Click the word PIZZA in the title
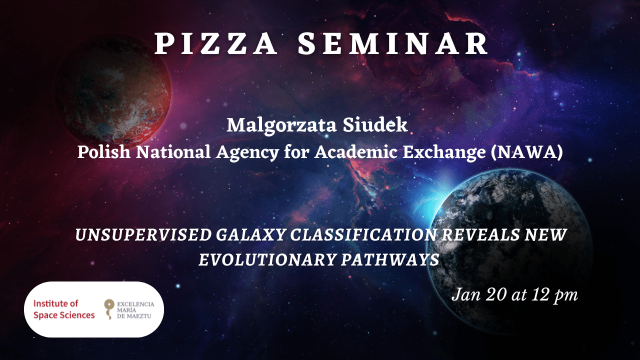[x=215, y=43]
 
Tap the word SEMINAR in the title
[x=393, y=43]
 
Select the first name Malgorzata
[x=281, y=125]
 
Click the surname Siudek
[x=375, y=125]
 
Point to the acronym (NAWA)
[x=527, y=152]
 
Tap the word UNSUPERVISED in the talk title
[x=143, y=235]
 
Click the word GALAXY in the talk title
[x=251, y=235]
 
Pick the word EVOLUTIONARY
[x=267, y=259]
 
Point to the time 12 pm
[x=554, y=295]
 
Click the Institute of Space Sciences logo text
[x=64, y=309]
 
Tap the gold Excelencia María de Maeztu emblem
[x=109, y=308]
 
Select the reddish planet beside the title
[x=113, y=91]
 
